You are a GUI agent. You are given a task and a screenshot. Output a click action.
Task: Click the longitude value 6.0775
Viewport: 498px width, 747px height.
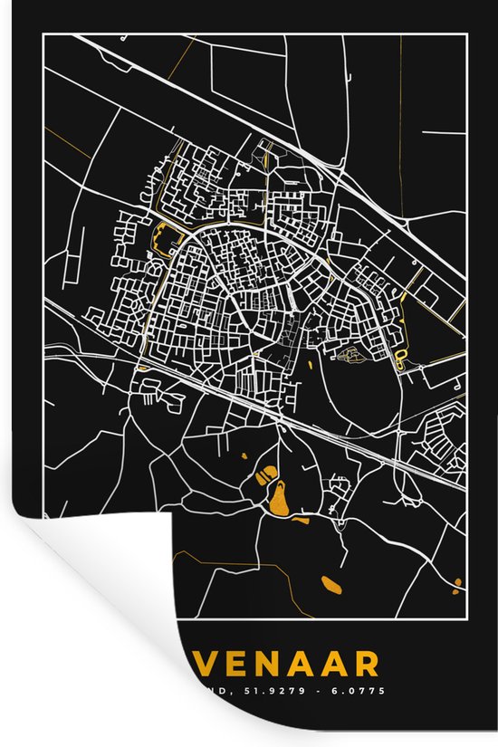point(360,691)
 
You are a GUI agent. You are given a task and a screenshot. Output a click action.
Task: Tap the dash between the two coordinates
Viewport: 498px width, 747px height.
point(320,691)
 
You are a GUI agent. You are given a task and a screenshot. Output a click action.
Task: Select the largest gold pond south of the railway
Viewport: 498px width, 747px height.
point(280,497)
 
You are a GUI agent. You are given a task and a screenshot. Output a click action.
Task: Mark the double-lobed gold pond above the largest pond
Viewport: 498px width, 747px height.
point(268,473)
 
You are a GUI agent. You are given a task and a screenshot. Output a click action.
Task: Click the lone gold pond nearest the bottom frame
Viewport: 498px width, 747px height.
point(331,584)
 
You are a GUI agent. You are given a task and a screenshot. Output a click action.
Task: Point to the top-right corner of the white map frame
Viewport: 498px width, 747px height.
point(465,35)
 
